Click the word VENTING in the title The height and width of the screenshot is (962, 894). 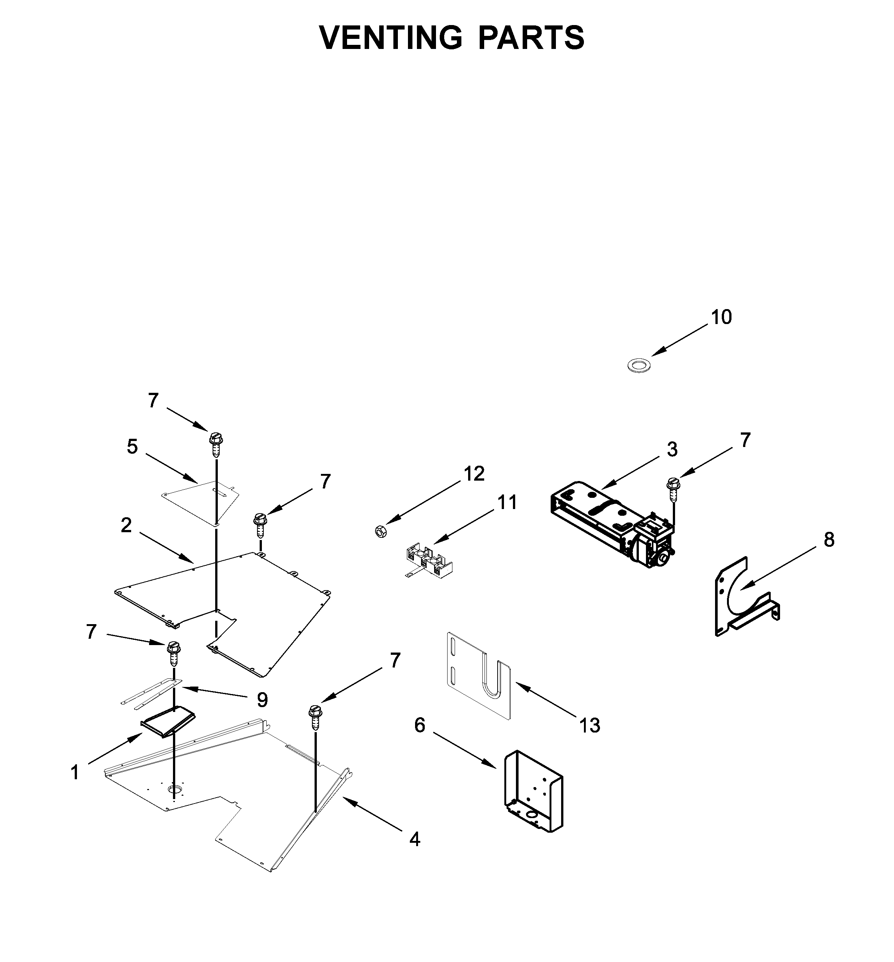(390, 37)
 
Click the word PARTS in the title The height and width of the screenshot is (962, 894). (531, 37)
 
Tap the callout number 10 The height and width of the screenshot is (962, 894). (721, 317)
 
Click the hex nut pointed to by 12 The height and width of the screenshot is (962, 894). (380, 531)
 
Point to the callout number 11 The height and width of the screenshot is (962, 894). (507, 502)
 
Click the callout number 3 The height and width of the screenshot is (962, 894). (672, 450)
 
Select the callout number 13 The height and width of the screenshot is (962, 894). (590, 725)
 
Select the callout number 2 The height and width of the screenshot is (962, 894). (126, 525)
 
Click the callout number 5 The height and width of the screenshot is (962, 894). (132, 447)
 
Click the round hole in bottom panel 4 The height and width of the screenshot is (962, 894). (174, 790)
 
